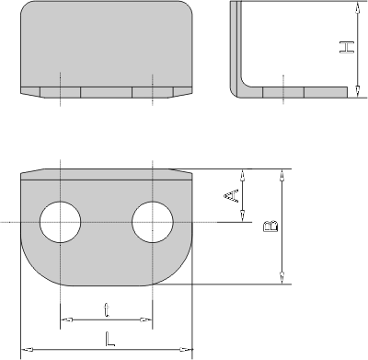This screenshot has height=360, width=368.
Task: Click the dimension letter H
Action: pos(347,47)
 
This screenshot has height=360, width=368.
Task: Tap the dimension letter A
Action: pos(231,195)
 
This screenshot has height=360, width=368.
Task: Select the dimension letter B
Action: pos(270,226)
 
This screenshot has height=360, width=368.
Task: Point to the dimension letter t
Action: pos(106,310)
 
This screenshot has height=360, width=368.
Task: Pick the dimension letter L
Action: pos(109,339)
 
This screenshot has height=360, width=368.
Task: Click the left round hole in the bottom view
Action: pos(61,222)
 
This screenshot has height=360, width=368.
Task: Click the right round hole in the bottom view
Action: pos(153,222)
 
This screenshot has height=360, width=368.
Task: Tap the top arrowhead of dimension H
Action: pos(358,7)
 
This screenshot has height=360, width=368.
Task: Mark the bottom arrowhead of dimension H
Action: pos(358,91)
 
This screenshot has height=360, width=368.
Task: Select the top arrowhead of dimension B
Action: pos(282,175)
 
